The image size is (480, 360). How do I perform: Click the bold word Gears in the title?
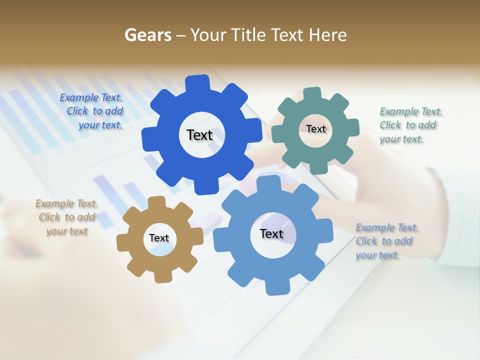[147, 35]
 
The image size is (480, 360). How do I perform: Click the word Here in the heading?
[327, 35]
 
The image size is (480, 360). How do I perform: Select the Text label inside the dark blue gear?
[199, 135]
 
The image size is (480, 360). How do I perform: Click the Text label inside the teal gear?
[315, 129]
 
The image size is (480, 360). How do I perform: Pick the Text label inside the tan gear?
[159, 238]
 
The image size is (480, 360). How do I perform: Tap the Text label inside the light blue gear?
[271, 233]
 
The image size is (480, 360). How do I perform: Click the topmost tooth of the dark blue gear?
[197, 83]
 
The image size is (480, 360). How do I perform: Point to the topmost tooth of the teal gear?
[312, 94]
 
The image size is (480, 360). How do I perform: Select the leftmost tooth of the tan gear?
[122, 243]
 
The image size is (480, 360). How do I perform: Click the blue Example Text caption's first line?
[91, 98]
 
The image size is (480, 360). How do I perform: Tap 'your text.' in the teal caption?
[401, 139]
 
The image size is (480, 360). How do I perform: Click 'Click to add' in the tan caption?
[66, 217]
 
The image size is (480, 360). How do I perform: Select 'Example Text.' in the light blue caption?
[387, 228]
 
